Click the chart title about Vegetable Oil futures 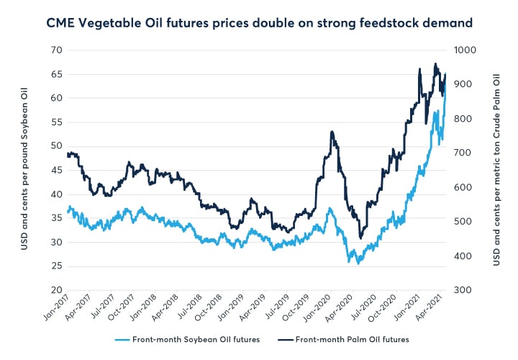pos(259,23)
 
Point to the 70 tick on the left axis pos(55,50)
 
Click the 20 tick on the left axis pos(55,290)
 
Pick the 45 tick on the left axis pos(55,170)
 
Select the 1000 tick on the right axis pos(463,50)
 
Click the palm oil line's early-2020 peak pos(331,132)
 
